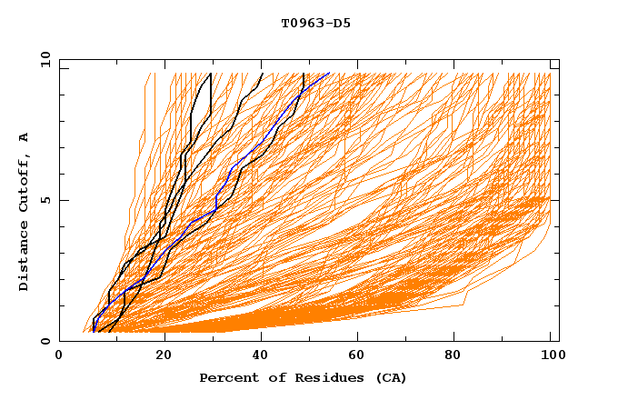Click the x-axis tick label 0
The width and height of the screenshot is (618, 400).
coord(59,356)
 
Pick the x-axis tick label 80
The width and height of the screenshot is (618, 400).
coord(459,356)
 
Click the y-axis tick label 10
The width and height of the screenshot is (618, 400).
coord(44,59)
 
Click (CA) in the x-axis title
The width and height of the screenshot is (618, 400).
coord(391,377)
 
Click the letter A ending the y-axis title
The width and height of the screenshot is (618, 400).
coord(25,136)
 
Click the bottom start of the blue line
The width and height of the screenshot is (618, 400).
coord(94,332)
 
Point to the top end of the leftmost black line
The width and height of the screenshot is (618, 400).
coord(211,73)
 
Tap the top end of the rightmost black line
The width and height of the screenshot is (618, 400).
coord(304,73)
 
